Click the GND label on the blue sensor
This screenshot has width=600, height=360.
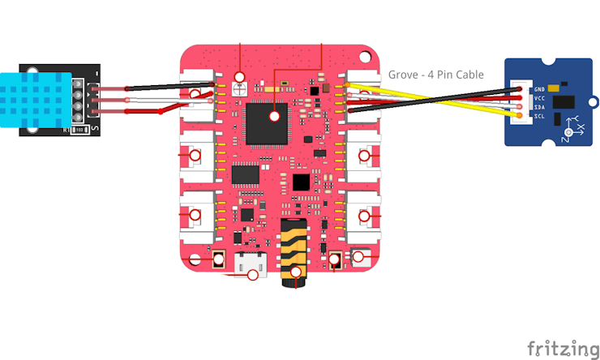point(539,88)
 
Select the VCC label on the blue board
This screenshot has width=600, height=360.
point(539,98)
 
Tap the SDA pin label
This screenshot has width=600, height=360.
point(539,107)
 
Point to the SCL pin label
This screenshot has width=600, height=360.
point(539,116)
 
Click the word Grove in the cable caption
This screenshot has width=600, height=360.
point(405,75)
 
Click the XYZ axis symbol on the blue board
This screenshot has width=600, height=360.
point(576,126)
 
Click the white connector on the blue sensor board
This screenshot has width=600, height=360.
point(518,102)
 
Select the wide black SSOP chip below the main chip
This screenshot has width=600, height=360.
point(246,174)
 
